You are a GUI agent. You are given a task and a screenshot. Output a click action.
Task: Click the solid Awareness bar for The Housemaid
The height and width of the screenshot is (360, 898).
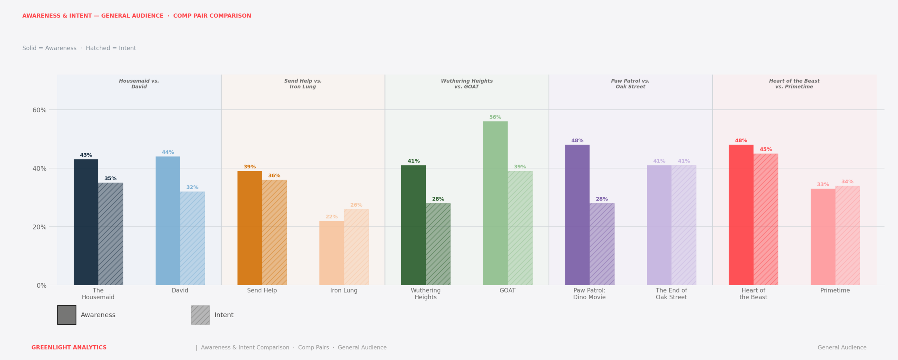pos(86,222)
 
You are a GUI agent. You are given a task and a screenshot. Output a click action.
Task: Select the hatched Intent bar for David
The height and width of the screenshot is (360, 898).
pos(193,238)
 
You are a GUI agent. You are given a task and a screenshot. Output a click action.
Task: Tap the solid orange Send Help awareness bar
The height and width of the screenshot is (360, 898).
pos(250,228)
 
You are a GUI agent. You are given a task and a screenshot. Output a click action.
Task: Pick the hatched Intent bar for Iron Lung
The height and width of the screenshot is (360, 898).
pos(356,247)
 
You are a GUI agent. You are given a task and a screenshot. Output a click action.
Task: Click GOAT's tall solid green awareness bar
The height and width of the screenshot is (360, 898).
pos(495,203)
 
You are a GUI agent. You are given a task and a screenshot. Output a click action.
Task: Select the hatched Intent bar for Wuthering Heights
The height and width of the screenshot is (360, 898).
pos(438,244)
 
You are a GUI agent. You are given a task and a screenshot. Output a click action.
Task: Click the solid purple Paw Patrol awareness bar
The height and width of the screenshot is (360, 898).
pos(577,215)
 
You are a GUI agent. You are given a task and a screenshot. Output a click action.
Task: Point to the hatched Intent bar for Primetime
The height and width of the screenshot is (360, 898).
pos(847,235)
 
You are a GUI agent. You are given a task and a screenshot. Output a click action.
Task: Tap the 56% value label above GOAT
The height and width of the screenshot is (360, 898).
pos(495,117)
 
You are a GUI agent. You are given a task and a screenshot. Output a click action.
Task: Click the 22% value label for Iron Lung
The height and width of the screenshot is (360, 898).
pos(331,217)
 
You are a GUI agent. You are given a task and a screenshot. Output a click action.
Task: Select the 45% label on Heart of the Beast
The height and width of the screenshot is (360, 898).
pos(766,149)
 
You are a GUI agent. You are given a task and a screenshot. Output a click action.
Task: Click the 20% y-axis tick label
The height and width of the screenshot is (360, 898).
pos(39,227)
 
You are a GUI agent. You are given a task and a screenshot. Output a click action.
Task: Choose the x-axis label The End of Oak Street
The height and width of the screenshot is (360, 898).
pos(671,294)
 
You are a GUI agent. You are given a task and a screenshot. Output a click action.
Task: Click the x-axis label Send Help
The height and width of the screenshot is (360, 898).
pos(262,291)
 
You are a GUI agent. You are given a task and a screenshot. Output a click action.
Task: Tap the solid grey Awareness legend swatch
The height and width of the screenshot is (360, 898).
pos(67,315)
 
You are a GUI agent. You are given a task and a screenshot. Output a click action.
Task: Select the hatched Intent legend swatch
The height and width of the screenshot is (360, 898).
pos(200,315)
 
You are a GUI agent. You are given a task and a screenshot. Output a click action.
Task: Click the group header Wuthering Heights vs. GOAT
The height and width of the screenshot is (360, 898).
pos(467,84)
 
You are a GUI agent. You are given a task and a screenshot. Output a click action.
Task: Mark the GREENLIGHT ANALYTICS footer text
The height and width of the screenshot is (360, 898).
pos(69,347)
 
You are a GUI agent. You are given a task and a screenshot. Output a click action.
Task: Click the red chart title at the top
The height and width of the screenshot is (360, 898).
pos(137,16)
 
